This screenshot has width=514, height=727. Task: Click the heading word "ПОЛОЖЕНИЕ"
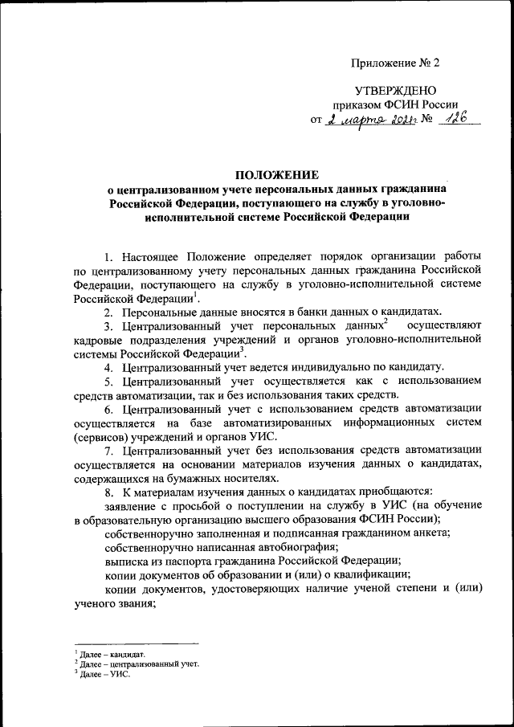point(276,174)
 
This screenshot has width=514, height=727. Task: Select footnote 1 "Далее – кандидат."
point(112,656)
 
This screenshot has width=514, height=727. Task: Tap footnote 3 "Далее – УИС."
point(104,674)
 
